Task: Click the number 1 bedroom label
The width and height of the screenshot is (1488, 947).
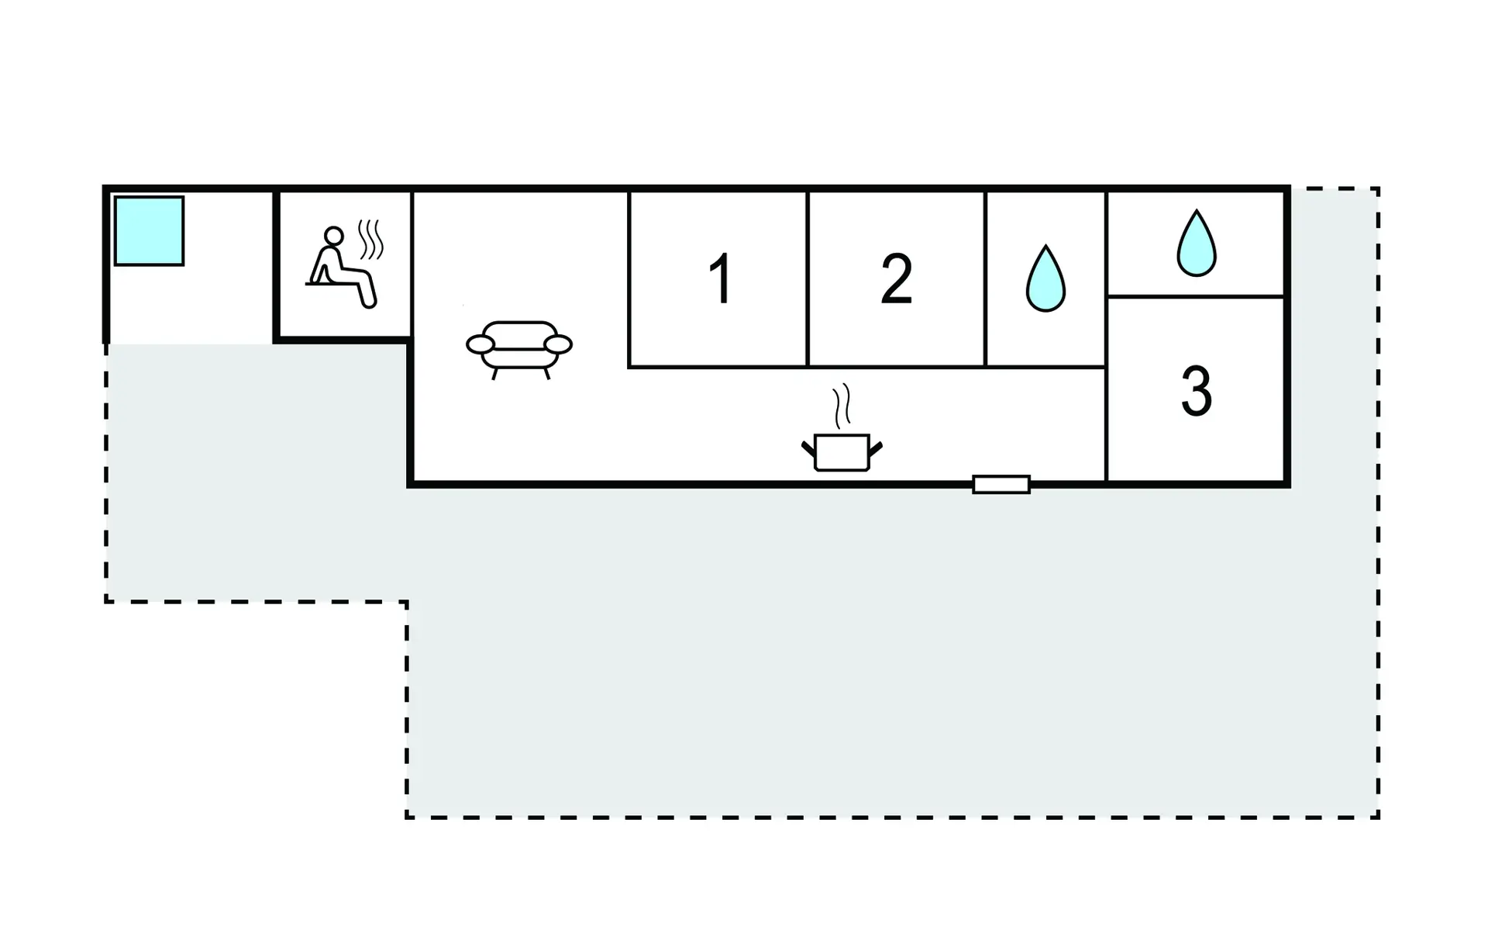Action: coord(721,278)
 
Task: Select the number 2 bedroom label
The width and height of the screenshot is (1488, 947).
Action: coord(897,278)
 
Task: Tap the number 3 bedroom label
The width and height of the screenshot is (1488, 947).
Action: coord(1196,391)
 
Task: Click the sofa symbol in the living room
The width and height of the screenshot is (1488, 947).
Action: coord(519,350)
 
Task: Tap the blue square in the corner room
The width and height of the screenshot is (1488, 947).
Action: coord(149,231)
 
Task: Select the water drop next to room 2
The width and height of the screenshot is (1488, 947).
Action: coord(1045,278)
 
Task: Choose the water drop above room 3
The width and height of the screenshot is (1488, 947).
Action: coord(1197,243)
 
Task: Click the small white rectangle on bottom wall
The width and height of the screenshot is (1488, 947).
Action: coord(1001,485)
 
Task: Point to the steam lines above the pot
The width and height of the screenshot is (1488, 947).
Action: coord(842,406)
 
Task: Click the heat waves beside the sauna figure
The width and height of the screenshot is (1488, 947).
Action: coord(371,240)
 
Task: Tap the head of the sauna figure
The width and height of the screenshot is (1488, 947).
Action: coord(334,236)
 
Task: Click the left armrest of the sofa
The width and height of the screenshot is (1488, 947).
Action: coord(480,344)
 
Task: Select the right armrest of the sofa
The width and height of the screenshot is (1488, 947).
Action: coord(558,344)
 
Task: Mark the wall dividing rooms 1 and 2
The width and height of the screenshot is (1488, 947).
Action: coord(808,278)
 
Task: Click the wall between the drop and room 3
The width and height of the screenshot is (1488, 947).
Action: coord(1196,296)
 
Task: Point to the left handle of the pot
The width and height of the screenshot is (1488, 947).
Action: coord(808,448)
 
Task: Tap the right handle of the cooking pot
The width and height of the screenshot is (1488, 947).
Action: coord(876,448)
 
